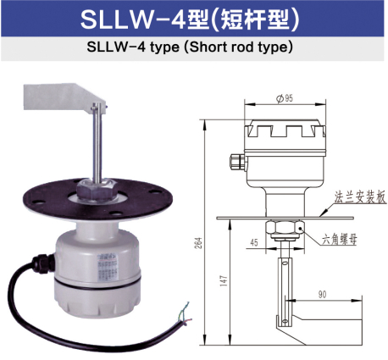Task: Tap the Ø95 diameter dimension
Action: (x=285, y=100)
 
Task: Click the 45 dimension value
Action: (x=253, y=243)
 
